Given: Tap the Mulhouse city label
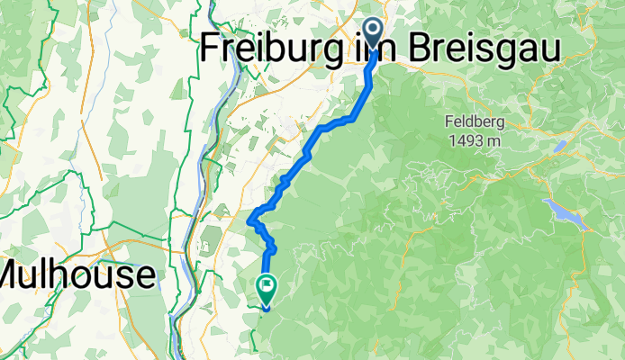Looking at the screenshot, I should [78, 274].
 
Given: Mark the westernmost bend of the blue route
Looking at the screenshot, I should [249, 219].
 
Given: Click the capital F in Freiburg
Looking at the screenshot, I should [213, 49].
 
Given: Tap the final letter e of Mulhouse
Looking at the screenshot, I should [144, 274].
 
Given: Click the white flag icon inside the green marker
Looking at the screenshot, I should [267, 287].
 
